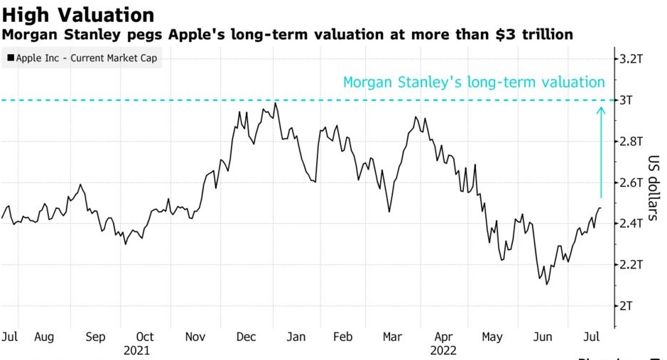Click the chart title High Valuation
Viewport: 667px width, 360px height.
pos(77,14)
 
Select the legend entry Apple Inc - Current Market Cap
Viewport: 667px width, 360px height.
pos(84,58)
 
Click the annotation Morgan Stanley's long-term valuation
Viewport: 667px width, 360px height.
pos(474,82)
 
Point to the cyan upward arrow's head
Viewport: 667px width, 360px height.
pos(601,109)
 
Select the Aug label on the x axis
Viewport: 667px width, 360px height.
pos(44,337)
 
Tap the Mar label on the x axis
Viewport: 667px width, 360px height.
pos(391,337)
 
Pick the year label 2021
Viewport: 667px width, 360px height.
pos(136,350)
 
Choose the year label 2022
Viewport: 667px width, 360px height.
pos(443,350)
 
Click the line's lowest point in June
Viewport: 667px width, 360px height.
pos(546,284)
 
